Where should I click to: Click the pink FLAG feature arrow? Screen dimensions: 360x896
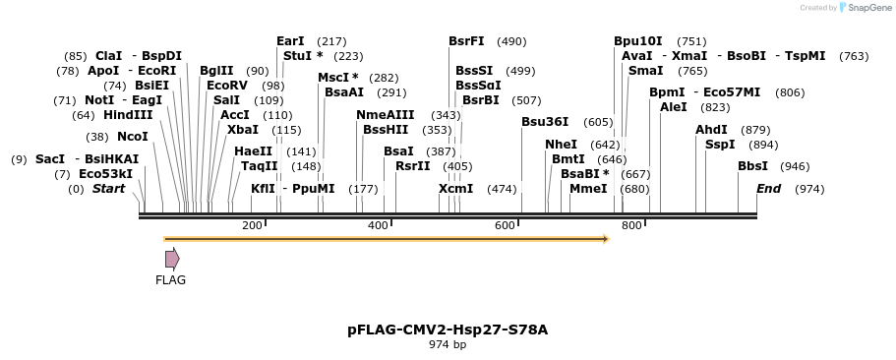(x=172, y=259)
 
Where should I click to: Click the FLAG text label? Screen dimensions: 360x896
(x=170, y=280)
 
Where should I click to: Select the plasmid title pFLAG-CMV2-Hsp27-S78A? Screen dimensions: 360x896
(x=448, y=330)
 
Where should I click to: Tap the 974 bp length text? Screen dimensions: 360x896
(x=448, y=344)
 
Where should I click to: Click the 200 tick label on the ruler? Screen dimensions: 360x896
(x=252, y=226)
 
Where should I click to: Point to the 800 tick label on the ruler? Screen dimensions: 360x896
(x=631, y=226)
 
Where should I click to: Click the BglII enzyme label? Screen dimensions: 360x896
(x=216, y=71)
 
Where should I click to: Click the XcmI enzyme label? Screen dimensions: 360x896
(x=455, y=188)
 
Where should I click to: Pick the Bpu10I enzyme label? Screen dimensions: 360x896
(x=638, y=41)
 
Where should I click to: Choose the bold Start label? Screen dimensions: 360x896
(x=108, y=188)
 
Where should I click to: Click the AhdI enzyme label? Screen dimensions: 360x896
(x=711, y=130)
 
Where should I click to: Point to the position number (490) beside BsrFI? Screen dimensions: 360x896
(x=511, y=41)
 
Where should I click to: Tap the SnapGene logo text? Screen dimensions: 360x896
(x=865, y=8)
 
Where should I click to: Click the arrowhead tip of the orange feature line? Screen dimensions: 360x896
(x=608, y=238)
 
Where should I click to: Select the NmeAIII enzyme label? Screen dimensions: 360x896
(x=386, y=115)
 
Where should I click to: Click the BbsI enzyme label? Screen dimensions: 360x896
(x=752, y=166)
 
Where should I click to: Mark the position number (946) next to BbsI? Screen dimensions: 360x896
(x=795, y=166)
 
